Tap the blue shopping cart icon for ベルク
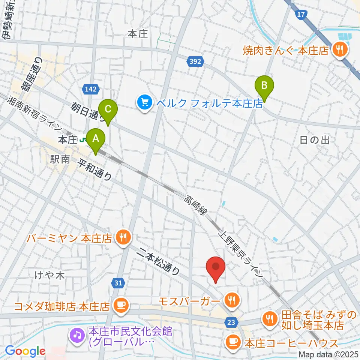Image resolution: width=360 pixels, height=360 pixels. tap(145, 103)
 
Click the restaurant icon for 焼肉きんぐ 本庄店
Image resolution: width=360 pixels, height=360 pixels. tap(340, 49)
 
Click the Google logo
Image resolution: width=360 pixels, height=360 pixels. tap(25, 351)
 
